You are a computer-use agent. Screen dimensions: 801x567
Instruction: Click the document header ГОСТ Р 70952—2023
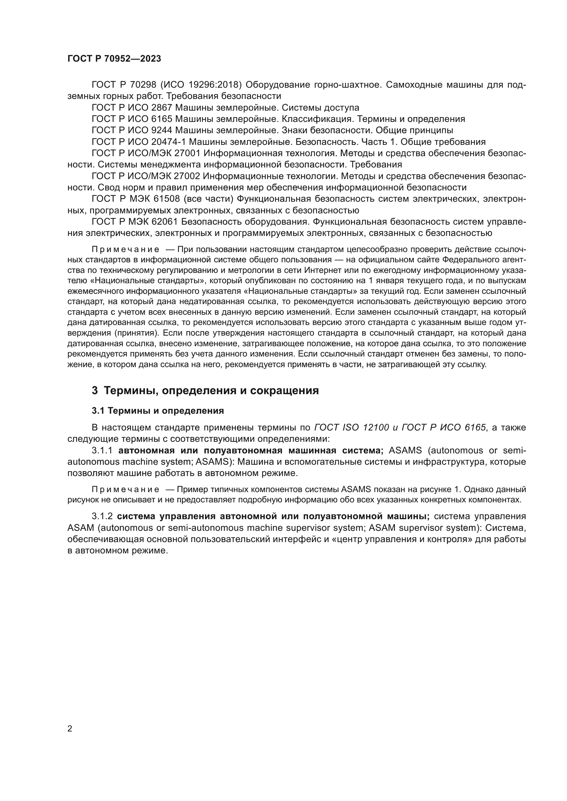coord(114,59)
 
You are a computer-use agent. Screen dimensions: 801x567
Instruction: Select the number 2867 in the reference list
coord(162,108)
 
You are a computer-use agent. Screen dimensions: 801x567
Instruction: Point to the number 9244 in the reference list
coord(162,130)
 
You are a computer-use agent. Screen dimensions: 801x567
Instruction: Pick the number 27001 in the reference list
coord(187,153)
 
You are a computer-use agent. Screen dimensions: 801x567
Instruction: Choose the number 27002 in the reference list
coord(187,176)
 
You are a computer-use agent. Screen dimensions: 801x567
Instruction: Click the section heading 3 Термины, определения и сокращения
coord(205,390)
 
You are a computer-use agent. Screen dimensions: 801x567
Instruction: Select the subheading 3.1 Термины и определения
coord(158,411)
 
